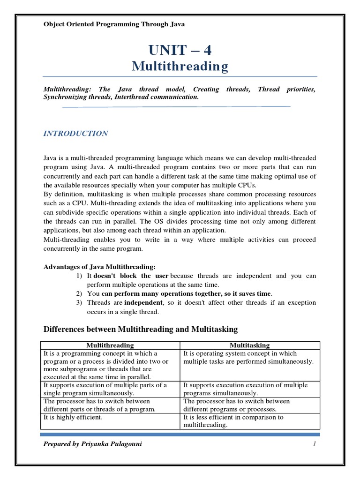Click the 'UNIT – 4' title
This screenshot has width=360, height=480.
point(180,50)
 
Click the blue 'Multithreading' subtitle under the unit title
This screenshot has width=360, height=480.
point(180,67)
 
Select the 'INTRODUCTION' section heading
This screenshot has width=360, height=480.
point(75,134)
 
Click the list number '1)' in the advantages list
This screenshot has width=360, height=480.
point(79,276)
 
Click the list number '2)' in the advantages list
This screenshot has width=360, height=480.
point(79,293)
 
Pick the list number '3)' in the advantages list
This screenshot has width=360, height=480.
point(79,302)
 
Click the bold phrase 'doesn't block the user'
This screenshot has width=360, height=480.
point(131,276)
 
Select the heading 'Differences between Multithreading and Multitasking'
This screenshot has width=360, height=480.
point(141,330)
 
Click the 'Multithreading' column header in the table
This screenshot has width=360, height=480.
point(110,345)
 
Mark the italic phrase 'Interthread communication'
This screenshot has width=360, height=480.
point(158,97)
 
